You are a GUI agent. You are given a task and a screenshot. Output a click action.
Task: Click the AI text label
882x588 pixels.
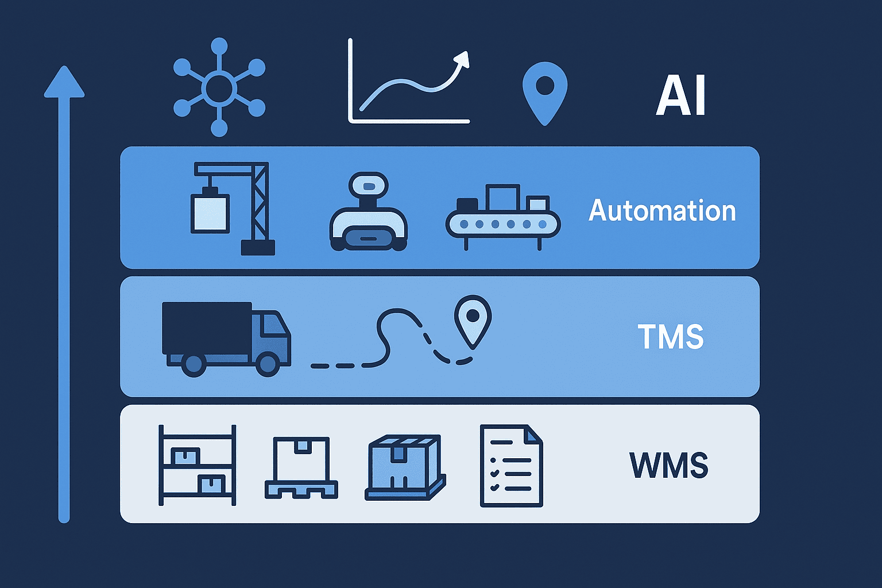(x=680, y=95)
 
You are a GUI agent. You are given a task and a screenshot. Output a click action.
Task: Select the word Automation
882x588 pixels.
(x=662, y=211)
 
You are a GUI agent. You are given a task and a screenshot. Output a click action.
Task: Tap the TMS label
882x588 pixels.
(x=671, y=336)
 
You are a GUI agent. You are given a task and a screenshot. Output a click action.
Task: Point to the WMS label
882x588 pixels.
(x=669, y=465)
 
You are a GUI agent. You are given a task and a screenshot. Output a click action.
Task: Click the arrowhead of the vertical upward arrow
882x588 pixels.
(x=64, y=82)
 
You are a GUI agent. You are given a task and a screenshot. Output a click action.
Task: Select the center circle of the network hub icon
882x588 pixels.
(x=219, y=88)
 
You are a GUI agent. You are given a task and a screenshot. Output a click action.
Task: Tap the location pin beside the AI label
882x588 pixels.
(x=545, y=94)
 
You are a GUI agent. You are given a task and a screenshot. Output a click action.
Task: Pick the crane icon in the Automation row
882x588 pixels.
(x=233, y=208)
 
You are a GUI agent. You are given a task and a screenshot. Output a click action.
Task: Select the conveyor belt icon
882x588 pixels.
(x=503, y=217)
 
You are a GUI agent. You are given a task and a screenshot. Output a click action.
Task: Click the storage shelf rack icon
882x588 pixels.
(x=198, y=465)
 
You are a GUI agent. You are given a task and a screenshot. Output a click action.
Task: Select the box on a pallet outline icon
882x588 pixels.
(x=301, y=468)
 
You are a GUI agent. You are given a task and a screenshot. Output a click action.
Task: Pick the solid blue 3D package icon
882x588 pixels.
(x=405, y=467)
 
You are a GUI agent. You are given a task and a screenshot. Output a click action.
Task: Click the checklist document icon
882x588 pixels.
(x=512, y=466)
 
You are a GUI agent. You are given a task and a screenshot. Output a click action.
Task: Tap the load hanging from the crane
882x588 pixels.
(x=210, y=212)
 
